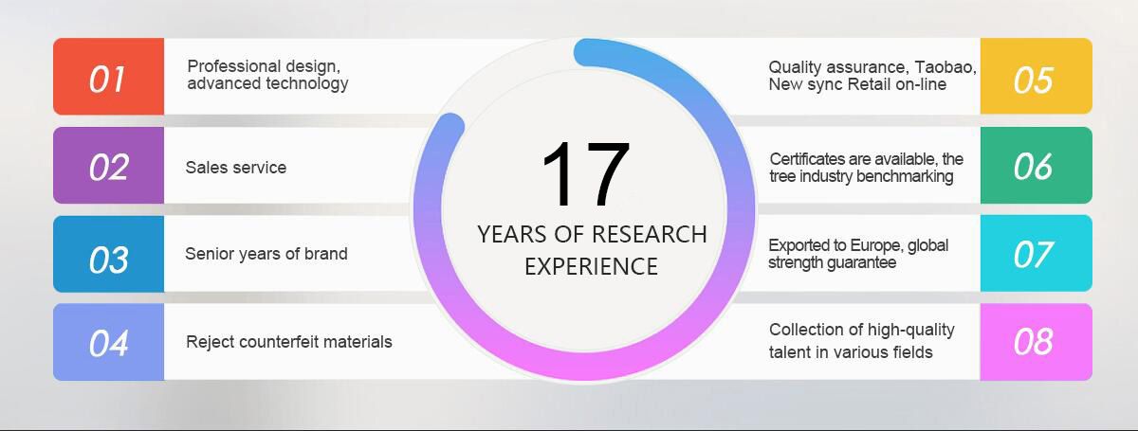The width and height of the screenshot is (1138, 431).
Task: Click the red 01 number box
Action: tap(109, 76)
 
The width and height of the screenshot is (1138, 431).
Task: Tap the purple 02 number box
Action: tap(109, 166)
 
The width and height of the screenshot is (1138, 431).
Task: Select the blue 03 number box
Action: tap(109, 254)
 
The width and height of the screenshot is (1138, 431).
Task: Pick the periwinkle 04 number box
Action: tap(109, 342)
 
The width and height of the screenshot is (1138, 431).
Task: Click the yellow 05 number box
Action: tap(1037, 76)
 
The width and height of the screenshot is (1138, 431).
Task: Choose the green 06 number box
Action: tap(1037, 166)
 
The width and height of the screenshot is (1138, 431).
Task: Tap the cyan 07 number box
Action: tap(1037, 253)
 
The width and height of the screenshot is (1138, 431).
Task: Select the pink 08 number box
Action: tap(1037, 342)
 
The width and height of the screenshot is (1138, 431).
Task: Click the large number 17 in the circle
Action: tap(586, 173)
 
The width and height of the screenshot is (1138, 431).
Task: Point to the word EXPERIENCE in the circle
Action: tap(592, 266)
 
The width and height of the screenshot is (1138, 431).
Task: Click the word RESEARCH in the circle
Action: tap(650, 235)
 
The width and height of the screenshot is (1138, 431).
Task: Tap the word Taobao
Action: tap(945, 67)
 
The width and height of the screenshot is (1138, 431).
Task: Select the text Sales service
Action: tap(236, 168)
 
